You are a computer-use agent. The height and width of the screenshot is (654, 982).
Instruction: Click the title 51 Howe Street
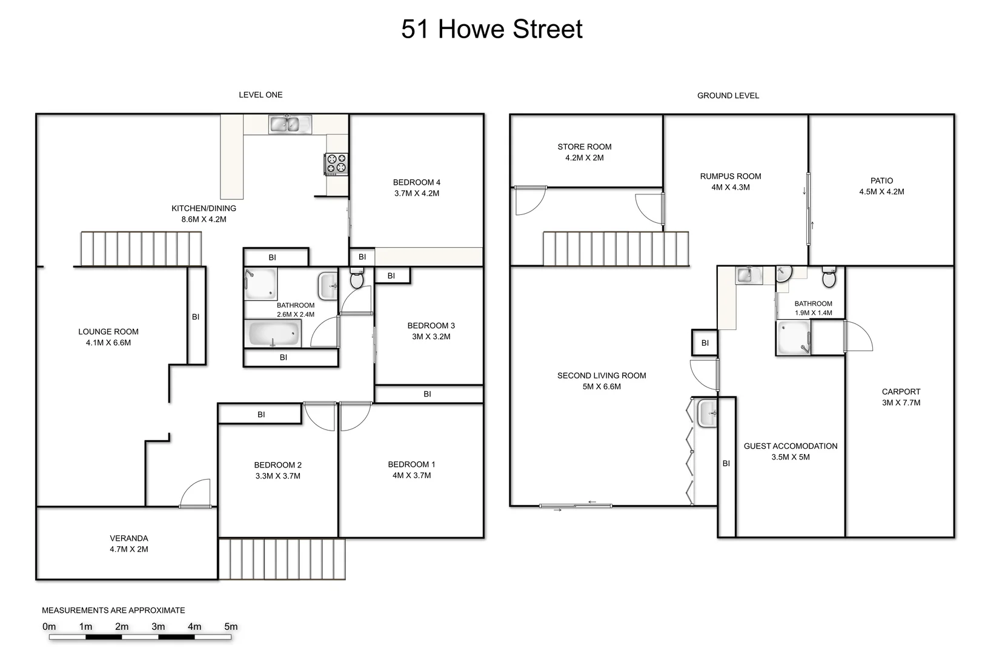(x=491, y=29)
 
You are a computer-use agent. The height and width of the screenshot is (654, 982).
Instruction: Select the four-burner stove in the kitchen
(x=337, y=163)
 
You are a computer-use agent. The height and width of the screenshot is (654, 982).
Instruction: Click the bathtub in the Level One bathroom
(x=273, y=334)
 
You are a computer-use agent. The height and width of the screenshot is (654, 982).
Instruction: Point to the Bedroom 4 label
(x=416, y=182)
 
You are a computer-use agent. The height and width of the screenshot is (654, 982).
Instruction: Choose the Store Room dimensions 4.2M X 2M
(x=584, y=157)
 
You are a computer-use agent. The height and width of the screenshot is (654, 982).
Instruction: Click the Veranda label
(x=128, y=538)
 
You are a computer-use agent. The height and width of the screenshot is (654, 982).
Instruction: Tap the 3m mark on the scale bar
(x=158, y=627)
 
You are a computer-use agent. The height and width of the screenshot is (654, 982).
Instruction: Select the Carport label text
(x=901, y=392)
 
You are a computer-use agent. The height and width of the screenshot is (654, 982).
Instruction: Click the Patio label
(x=881, y=180)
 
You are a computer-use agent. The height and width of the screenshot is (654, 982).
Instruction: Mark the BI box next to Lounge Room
(x=196, y=316)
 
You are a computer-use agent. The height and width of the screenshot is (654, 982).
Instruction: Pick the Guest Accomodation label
(x=790, y=446)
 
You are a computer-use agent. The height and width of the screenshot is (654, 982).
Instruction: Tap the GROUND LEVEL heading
(x=728, y=96)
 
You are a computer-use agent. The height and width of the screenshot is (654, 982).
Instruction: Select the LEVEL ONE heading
(x=260, y=94)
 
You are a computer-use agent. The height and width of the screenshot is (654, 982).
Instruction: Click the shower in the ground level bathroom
(x=794, y=337)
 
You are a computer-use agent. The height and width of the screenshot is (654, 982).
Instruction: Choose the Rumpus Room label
(x=730, y=176)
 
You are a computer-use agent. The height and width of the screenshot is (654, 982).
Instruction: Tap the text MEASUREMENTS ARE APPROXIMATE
(x=113, y=610)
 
